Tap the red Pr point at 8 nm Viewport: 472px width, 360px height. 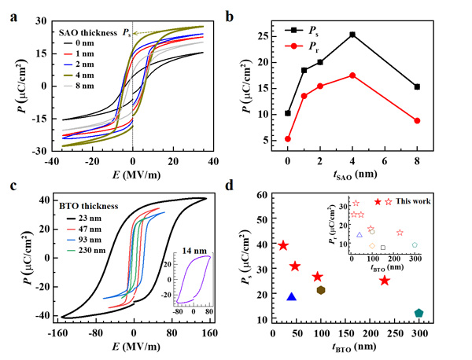417,120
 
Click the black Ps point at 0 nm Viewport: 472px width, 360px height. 288,113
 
